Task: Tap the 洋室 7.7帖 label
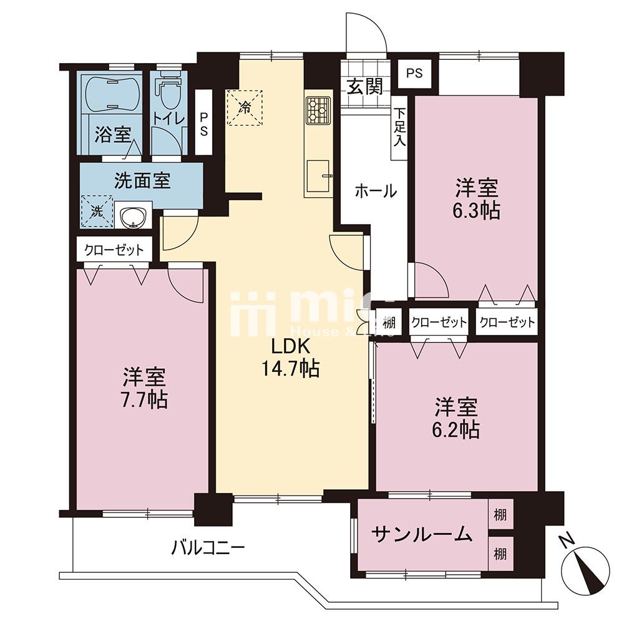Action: click(x=144, y=388)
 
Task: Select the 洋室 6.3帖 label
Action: click(x=477, y=198)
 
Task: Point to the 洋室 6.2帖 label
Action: click(x=457, y=419)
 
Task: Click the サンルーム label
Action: click(x=421, y=534)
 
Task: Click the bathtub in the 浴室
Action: click(x=110, y=94)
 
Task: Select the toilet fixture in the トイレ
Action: click(x=167, y=94)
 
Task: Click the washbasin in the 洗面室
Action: click(x=132, y=217)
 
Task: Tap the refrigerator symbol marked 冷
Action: click(x=245, y=107)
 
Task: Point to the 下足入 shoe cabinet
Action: click(x=399, y=127)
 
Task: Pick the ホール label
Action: click(x=376, y=192)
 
